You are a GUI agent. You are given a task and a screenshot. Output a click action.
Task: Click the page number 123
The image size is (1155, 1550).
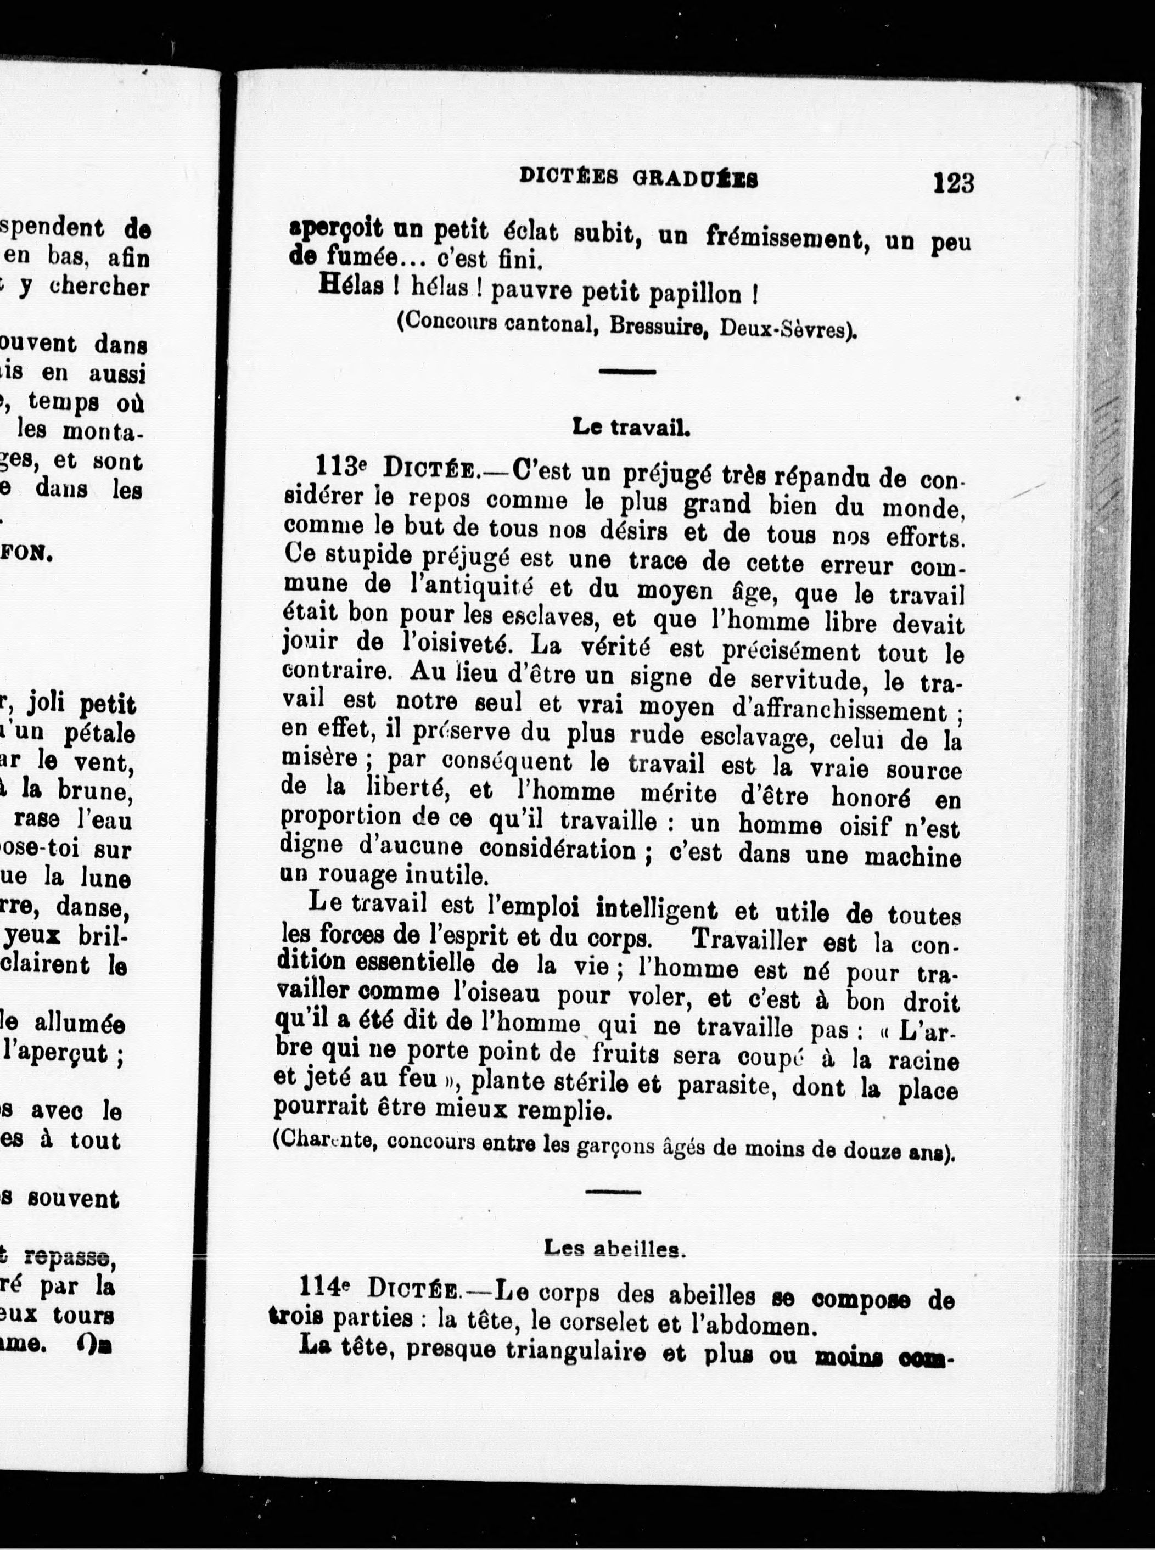coord(953,184)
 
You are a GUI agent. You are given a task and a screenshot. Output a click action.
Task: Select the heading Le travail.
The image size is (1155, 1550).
coord(631,427)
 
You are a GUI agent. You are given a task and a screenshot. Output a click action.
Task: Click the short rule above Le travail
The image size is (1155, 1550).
coord(627,372)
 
